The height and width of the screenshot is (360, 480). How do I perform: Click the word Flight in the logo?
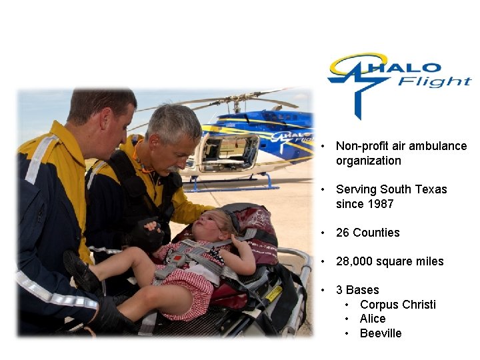pyautogui.click(x=435, y=82)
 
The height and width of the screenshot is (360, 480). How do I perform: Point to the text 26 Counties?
pyautogui.click(x=367, y=233)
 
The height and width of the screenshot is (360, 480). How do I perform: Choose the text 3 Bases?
pyautogui.click(x=357, y=290)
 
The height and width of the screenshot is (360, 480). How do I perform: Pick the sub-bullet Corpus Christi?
pyautogui.click(x=397, y=305)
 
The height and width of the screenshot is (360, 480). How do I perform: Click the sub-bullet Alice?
pyautogui.click(x=373, y=319)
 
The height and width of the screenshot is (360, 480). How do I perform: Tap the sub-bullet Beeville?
pyautogui.click(x=381, y=333)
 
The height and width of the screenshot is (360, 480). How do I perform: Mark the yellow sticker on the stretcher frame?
pyautogui.click(x=273, y=293)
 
